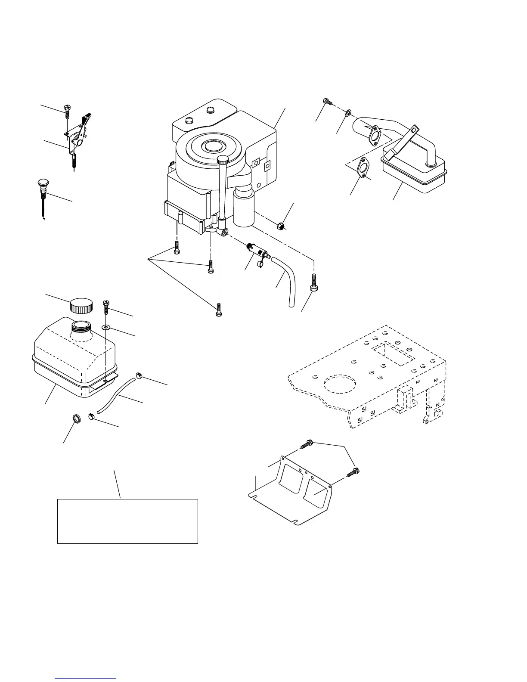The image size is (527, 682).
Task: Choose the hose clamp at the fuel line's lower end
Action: (x=91, y=416)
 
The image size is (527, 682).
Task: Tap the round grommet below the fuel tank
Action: (x=75, y=418)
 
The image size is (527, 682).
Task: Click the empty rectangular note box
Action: (x=127, y=521)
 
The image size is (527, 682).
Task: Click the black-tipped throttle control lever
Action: (x=87, y=118)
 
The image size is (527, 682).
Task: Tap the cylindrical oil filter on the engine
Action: (x=244, y=209)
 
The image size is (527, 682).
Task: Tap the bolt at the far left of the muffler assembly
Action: (x=327, y=102)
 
